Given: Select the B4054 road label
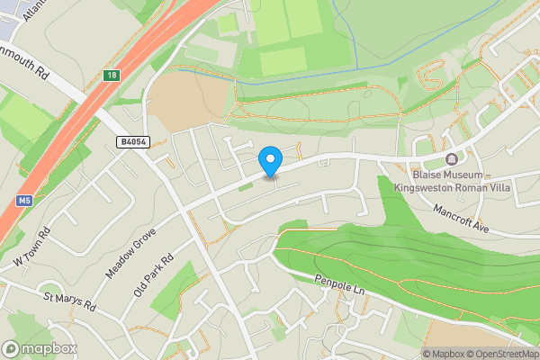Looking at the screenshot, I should pyautogui.click(x=132, y=140).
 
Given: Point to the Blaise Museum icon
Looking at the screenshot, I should pyautogui.click(x=450, y=159).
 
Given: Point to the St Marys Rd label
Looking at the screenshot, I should pyautogui.click(x=69, y=301).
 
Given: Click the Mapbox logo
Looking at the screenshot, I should pyautogui.click(x=40, y=348).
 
